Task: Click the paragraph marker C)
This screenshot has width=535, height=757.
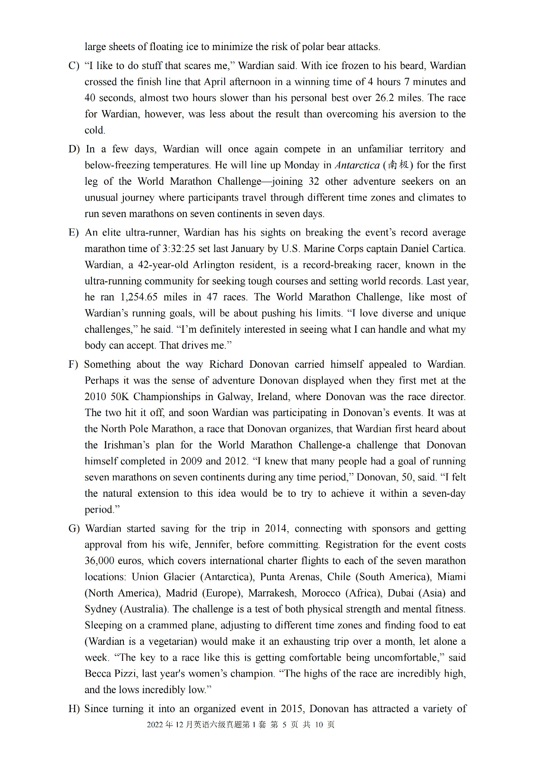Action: pyautogui.click(x=74, y=66)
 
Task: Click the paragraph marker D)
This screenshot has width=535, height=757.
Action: pyautogui.click(x=74, y=149)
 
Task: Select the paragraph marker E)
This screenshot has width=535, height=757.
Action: pyautogui.click(x=74, y=233)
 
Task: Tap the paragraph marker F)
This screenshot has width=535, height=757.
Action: pyautogui.click(x=73, y=364)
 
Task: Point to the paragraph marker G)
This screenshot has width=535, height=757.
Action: pyautogui.click(x=74, y=529)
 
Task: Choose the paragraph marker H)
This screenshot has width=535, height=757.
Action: pyautogui.click(x=74, y=709)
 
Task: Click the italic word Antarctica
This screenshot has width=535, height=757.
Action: pyautogui.click(x=357, y=165)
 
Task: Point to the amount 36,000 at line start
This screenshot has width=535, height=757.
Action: pyautogui.click(x=100, y=561)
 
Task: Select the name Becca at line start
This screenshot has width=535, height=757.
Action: pyautogui.click(x=97, y=674)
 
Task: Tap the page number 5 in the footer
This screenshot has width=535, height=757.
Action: pyautogui.click(x=284, y=725)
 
